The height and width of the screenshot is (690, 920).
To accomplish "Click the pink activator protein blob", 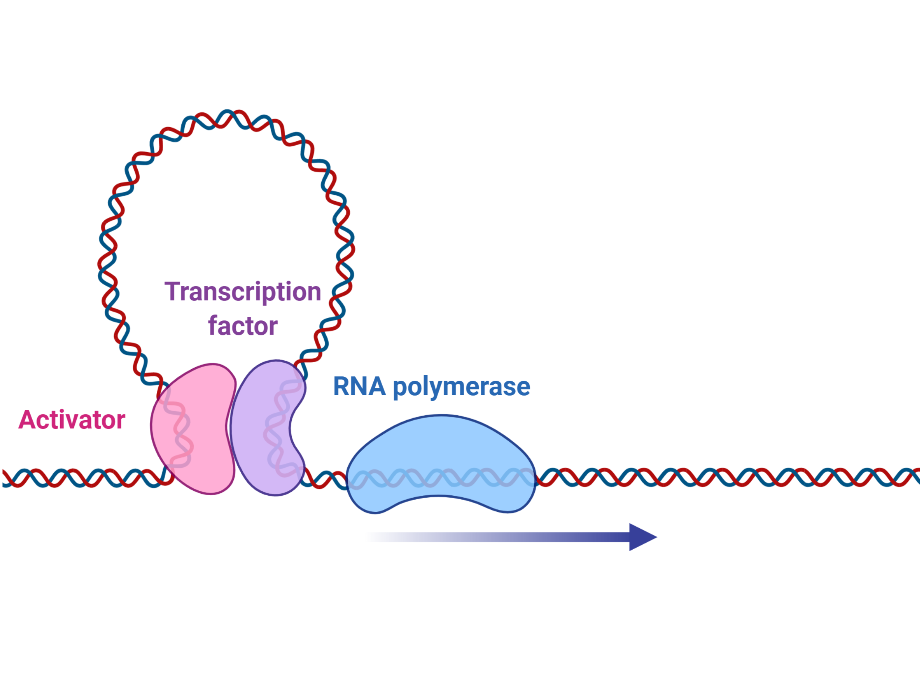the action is (194, 429).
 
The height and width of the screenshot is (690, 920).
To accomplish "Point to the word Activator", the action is (72, 420).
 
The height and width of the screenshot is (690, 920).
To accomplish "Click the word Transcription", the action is (243, 292).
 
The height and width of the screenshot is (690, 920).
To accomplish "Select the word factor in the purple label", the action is (243, 326).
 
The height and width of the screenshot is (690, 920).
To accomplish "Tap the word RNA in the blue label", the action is (359, 386).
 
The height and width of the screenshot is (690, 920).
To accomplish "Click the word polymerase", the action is (462, 388).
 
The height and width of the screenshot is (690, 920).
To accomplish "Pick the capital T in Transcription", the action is (172, 292).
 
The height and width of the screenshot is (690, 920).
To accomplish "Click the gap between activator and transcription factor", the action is (232, 429).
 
